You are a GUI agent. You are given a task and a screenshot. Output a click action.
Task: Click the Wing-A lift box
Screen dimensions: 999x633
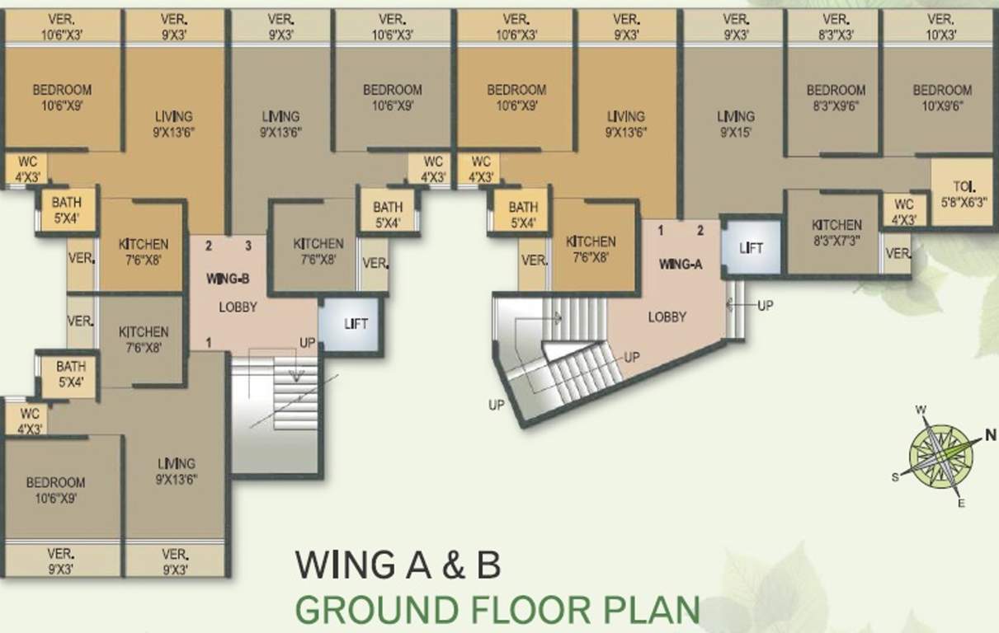(752, 247)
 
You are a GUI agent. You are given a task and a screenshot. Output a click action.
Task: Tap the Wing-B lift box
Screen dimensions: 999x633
(351, 324)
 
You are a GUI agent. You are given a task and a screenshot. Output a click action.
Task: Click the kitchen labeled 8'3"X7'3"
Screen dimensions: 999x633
(833, 233)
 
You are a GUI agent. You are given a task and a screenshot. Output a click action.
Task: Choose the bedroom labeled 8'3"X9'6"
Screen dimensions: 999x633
(832, 101)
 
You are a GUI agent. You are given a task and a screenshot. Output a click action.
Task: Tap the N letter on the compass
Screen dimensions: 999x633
(990, 434)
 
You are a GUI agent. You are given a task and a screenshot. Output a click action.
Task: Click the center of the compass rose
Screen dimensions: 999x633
(941, 457)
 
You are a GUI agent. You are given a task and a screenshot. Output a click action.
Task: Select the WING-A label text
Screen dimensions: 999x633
(681, 264)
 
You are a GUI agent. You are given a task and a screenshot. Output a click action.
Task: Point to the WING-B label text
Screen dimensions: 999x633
(228, 279)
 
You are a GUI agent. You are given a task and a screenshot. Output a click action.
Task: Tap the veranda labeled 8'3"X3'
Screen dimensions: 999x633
(835, 27)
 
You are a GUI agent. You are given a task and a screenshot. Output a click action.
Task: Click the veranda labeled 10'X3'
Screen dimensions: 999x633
(940, 27)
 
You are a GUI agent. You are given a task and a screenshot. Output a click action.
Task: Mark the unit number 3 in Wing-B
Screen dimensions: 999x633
(248, 246)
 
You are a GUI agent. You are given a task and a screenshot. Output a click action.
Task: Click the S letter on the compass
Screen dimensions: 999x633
(895, 477)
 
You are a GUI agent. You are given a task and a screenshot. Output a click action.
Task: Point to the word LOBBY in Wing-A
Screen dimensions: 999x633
(667, 317)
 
